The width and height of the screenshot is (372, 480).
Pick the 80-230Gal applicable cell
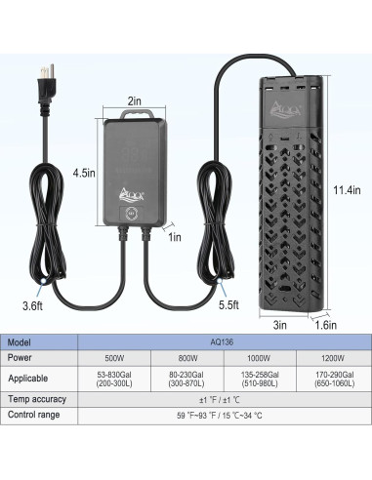tap(182, 377)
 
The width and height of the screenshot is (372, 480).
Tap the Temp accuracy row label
tap(36, 398)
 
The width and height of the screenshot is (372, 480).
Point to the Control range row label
tap(34, 416)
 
